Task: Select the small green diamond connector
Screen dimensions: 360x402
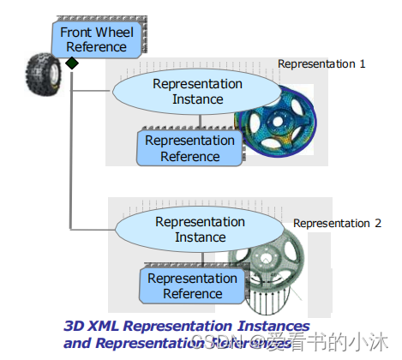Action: [72, 64]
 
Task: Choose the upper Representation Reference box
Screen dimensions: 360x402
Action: [189, 148]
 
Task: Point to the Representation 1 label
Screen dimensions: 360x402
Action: [321, 64]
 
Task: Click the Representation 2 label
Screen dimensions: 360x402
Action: [337, 223]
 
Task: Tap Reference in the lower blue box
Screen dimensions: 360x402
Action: [192, 294]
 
